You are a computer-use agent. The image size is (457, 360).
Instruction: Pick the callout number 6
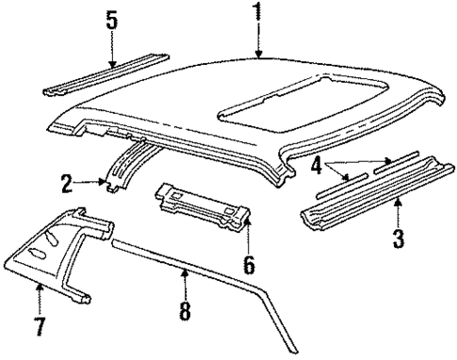[x=249, y=264]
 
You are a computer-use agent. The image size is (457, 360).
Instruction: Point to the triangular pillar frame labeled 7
[x=57, y=245]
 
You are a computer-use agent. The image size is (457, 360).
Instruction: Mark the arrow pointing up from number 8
[x=185, y=279]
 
